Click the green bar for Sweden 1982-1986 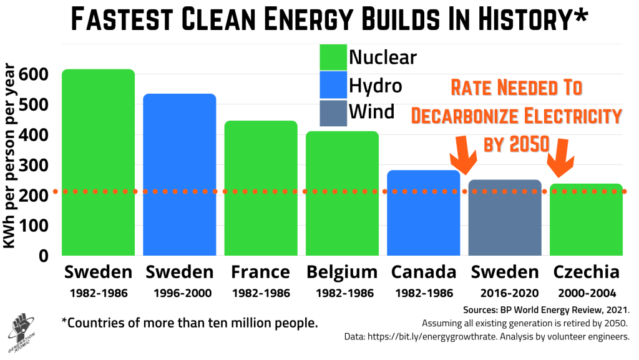pos(99,162)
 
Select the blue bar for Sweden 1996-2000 pos(180,175)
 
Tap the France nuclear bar pos(261,187)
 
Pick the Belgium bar pos(342,194)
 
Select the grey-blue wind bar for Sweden pos(505,219)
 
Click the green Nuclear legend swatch pos(332,57)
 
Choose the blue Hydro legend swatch pos(332,85)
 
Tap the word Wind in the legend pos(372,112)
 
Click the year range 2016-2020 pos(505,292)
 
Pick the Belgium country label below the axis pos(342,272)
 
